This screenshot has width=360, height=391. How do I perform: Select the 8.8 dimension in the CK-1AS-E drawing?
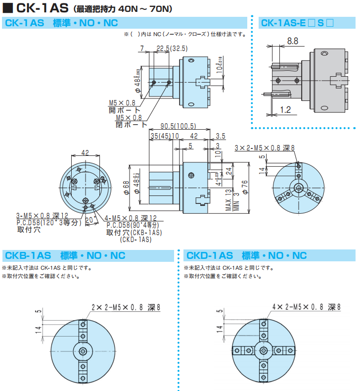coord(292,42)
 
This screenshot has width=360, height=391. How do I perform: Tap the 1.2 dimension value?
coord(285,109)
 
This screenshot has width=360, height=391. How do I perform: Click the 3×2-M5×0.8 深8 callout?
coord(265,147)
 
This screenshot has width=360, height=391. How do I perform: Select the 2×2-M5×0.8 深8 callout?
coord(126,307)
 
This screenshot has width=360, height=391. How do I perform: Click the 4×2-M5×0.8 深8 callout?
coord(307,307)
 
